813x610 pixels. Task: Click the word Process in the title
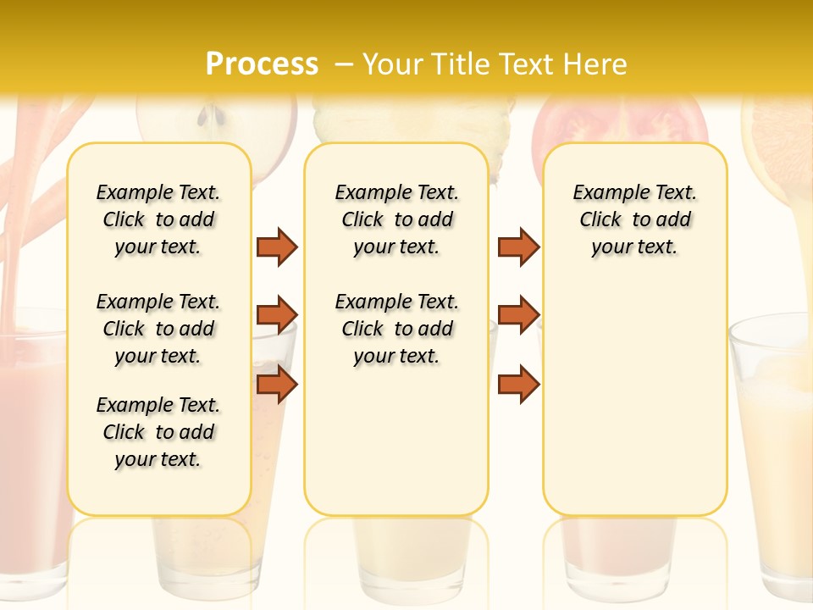tap(262, 64)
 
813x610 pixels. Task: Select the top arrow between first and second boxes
tap(277, 247)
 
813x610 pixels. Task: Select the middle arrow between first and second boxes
tap(277, 315)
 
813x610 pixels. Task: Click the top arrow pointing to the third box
tap(518, 247)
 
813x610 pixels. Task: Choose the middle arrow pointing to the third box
tap(518, 315)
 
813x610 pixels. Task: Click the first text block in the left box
tap(158, 219)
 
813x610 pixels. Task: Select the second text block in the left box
tap(158, 329)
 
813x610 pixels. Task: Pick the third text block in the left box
tap(158, 432)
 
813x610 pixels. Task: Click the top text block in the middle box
tap(396, 219)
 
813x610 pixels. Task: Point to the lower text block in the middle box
tap(396, 329)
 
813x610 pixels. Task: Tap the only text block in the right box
tap(634, 219)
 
